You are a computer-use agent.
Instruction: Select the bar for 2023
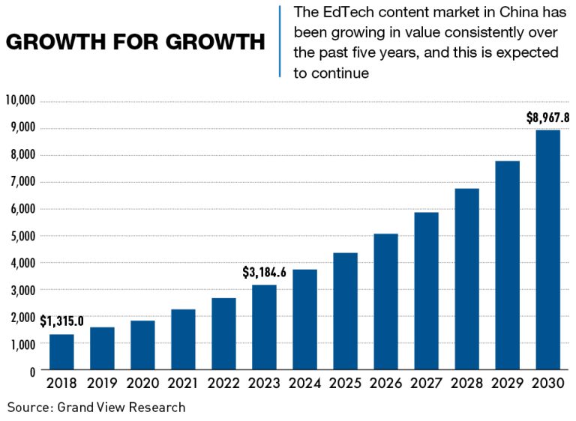pos(264,327)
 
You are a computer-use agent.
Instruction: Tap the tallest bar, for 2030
pos(548,250)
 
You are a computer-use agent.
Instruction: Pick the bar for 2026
pos(385,302)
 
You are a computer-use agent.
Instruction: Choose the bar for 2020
pos(142,345)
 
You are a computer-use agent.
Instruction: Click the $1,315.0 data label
pos(61,322)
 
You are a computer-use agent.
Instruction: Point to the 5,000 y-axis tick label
pos(23,236)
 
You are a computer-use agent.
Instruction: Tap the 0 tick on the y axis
pos(32,371)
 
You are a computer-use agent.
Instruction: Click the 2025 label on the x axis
pos(345,384)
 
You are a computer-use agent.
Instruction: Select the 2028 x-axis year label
pos(466,384)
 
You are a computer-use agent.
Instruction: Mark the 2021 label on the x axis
pos(183,384)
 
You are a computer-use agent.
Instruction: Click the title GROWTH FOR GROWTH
pos(135,43)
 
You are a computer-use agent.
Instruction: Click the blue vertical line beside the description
pos(280,41)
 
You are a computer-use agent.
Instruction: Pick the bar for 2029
pos(507,266)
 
